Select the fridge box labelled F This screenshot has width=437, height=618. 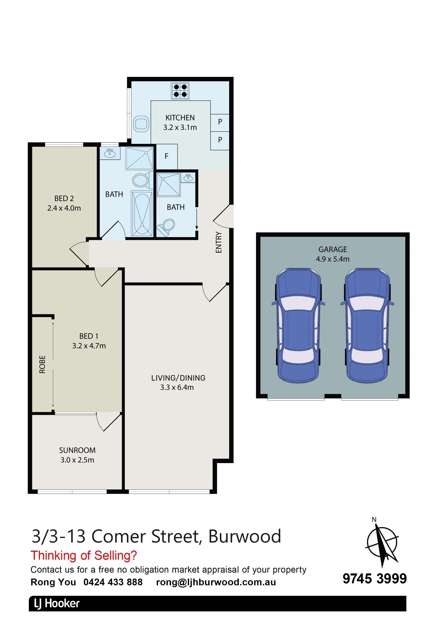(167, 156)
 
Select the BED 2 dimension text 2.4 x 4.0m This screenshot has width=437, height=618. (64, 208)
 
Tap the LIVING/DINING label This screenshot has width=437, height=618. (178, 378)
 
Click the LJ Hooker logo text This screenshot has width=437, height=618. (57, 604)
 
